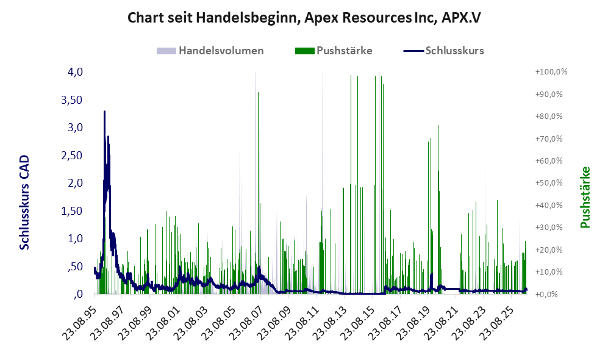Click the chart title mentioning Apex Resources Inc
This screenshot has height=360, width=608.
(x=304, y=18)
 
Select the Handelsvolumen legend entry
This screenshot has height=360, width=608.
(x=210, y=51)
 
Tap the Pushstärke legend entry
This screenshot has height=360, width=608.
(x=334, y=51)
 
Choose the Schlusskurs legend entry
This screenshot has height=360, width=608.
(x=443, y=51)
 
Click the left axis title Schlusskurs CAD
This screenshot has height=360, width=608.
(x=24, y=202)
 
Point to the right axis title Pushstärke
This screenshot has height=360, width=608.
(x=585, y=197)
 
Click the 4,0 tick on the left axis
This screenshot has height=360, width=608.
(x=75, y=72)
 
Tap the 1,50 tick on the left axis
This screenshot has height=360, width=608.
(x=72, y=211)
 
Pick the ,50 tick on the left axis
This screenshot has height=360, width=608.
(x=75, y=267)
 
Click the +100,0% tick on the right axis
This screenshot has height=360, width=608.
(x=551, y=72)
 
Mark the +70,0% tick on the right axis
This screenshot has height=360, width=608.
(x=549, y=139)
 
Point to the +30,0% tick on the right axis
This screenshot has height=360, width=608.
(x=549, y=228)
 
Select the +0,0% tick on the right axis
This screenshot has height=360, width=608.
(x=547, y=294)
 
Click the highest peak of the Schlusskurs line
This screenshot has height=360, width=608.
(x=104, y=112)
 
